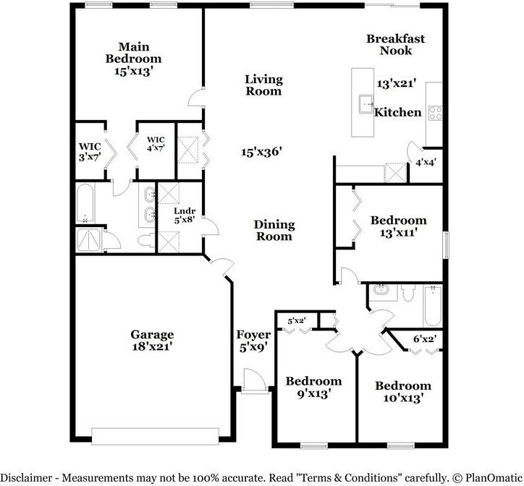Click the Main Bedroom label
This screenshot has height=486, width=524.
(133, 53)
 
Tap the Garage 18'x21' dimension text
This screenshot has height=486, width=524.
(152, 346)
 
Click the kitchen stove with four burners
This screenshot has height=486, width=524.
(436, 113)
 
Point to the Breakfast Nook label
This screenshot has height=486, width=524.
(395, 45)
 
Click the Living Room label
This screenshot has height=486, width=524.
(263, 85)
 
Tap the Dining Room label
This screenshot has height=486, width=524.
(274, 230)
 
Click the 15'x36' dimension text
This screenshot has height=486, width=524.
(261, 152)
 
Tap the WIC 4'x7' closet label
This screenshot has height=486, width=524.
(156, 144)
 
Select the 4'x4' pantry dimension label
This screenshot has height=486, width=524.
(425, 163)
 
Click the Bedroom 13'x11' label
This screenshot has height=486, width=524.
(398, 226)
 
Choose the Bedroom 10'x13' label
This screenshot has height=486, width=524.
(402, 391)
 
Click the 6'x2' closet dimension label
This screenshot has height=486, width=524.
(424, 338)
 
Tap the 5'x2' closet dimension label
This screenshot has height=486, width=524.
(297, 320)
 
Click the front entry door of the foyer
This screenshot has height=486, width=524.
(252, 381)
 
